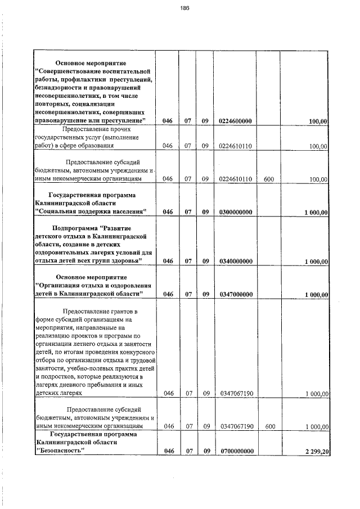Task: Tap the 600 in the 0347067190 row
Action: [269, 427]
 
